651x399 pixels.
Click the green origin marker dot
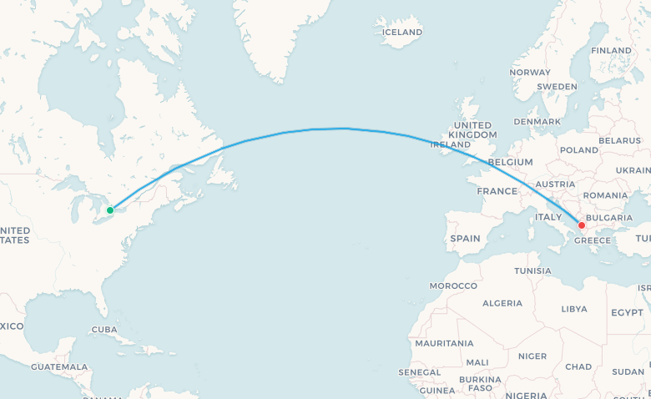(x=110, y=210)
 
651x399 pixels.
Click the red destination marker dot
(x=582, y=225)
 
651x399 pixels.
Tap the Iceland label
(x=401, y=33)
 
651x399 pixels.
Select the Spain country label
(x=465, y=238)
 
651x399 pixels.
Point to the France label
(x=497, y=190)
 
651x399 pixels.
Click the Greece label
(x=593, y=240)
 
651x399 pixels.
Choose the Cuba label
(x=104, y=329)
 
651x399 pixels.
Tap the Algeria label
(x=502, y=302)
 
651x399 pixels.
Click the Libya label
(x=574, y=308)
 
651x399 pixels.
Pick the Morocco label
(x=453, y=285)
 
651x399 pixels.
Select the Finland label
(x=611, y=50)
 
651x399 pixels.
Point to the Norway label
(x=530, y=73)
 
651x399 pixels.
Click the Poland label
(x=579, y=150)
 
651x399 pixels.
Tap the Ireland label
(x=450, y=144)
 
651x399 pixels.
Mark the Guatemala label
(x=59, y=366)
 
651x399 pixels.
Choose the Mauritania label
(x=444, y=343)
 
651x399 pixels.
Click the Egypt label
(x=627, y=312)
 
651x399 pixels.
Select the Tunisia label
(x=532, y=270)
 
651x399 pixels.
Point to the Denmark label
(x=537, y=121)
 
